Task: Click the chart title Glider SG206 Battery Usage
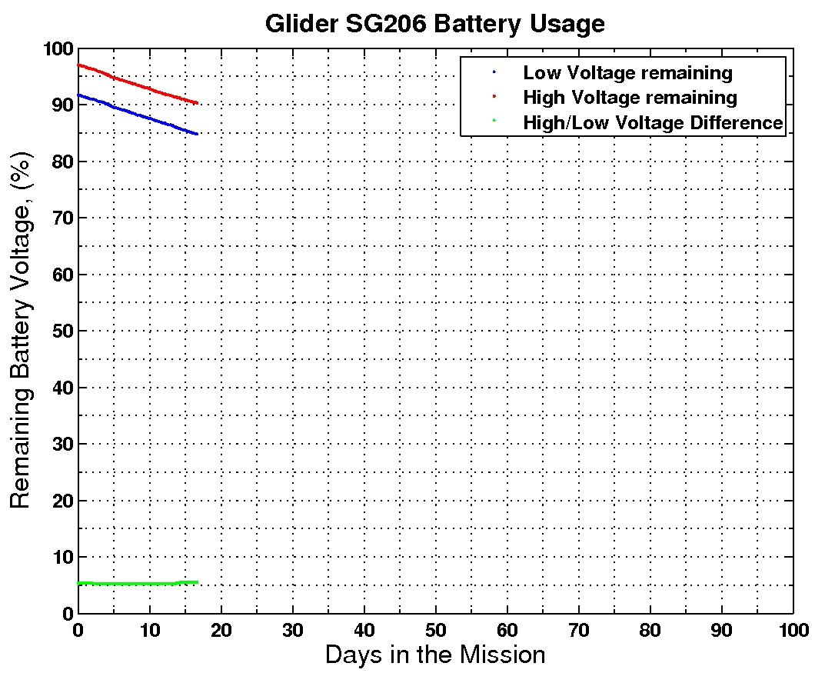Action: pyautogui.click(x=434, y=23)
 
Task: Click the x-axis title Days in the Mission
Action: pyautogui.click(x=435, y=655)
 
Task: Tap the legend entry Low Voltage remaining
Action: pyautogui.click(x=627, y=73)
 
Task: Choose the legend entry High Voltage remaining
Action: pyautogui.click(x=630, y=98)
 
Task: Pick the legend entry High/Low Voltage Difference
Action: pyautogui.click(x=653, y=122)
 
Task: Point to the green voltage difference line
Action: pyautogui.click(x=138, y=583)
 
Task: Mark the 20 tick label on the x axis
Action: pyautogui.click(x=221, y=628)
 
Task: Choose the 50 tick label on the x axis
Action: pyautogui.click(x=435, y=628)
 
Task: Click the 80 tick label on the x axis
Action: pyautogui.click(x=650, y=628)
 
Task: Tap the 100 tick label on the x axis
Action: pyautogui.click(x=793, y=628)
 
